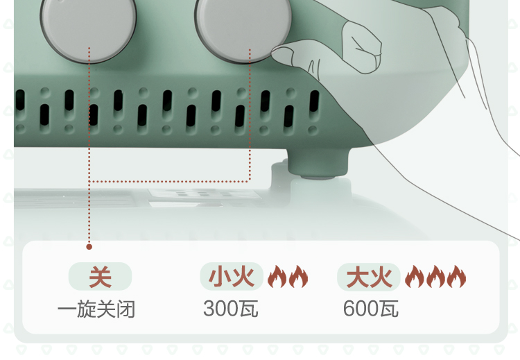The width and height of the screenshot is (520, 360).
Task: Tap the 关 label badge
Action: point(100,277)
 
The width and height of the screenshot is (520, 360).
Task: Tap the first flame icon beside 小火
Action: point(277,277)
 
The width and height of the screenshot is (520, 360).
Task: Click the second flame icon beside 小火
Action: point(298,277)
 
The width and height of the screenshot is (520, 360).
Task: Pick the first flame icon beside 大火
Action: point(414,277)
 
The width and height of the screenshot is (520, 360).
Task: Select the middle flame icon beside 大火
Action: point(435,277)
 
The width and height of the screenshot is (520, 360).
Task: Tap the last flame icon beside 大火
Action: point(456,277)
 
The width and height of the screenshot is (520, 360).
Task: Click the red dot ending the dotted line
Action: point(89,246)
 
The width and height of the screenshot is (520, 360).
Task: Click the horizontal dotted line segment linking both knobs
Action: point(169,181)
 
